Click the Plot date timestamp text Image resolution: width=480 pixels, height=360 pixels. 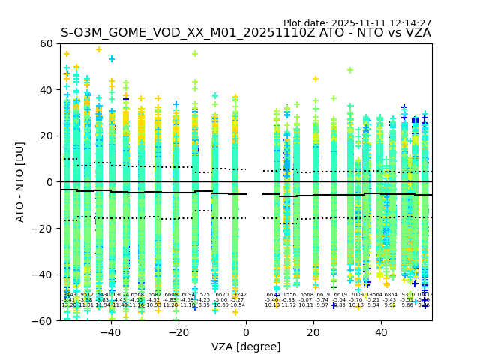click(357, 23)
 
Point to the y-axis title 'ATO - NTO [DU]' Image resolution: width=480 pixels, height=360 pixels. click(20, 182)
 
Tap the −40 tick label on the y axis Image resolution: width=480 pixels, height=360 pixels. click(43, 274)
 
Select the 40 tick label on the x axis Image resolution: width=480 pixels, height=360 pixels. click(380, 331)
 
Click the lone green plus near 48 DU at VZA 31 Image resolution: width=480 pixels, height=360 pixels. click(350, 70)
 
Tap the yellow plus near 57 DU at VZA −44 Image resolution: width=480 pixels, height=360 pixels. click(98, 49)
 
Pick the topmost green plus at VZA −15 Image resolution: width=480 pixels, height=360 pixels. click(195, 54)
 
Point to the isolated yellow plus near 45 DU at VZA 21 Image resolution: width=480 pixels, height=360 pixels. click(316, 79)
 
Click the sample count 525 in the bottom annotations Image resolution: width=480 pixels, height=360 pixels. click(205, 295)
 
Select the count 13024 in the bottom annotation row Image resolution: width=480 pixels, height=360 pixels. click(121, 295)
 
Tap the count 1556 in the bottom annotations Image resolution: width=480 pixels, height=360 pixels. click(289, 295)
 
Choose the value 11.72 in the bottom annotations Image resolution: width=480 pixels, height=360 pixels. click(289, 305)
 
